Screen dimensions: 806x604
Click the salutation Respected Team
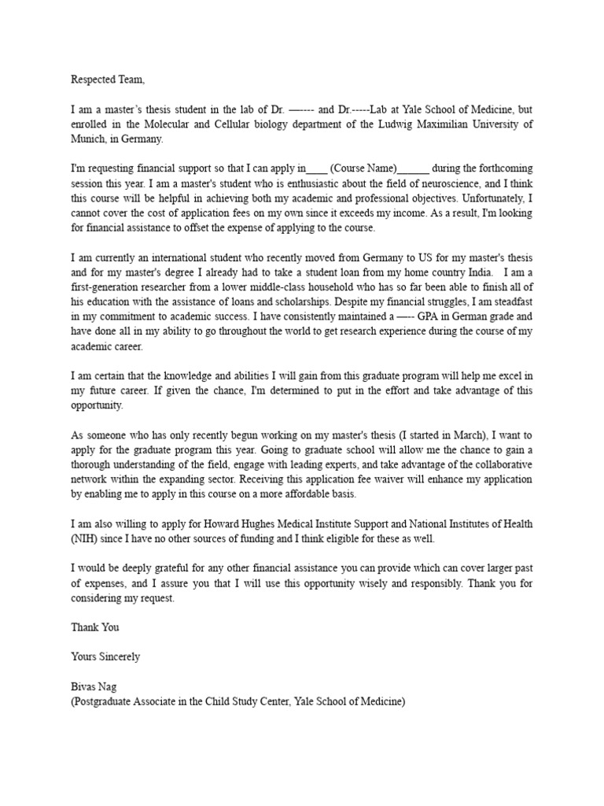tap(108, 79)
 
